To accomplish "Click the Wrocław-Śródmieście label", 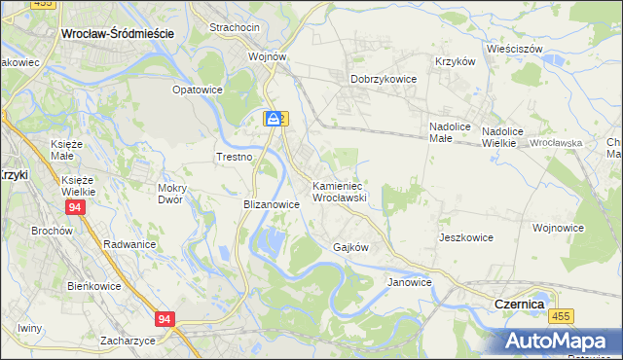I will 117,32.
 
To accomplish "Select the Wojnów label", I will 267,56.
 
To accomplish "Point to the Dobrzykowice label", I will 384,80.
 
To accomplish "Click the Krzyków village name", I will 455,60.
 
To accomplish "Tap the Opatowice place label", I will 198,90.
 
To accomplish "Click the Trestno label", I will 234,157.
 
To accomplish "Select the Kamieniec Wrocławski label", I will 338,191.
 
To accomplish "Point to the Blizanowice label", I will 270,205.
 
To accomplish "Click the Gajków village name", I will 350,247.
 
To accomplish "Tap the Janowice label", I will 409,282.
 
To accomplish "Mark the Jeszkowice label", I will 465,237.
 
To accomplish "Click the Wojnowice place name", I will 558,228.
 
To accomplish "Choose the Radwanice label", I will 129,244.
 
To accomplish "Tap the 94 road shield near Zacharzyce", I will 165,318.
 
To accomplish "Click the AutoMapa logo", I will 560,342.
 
